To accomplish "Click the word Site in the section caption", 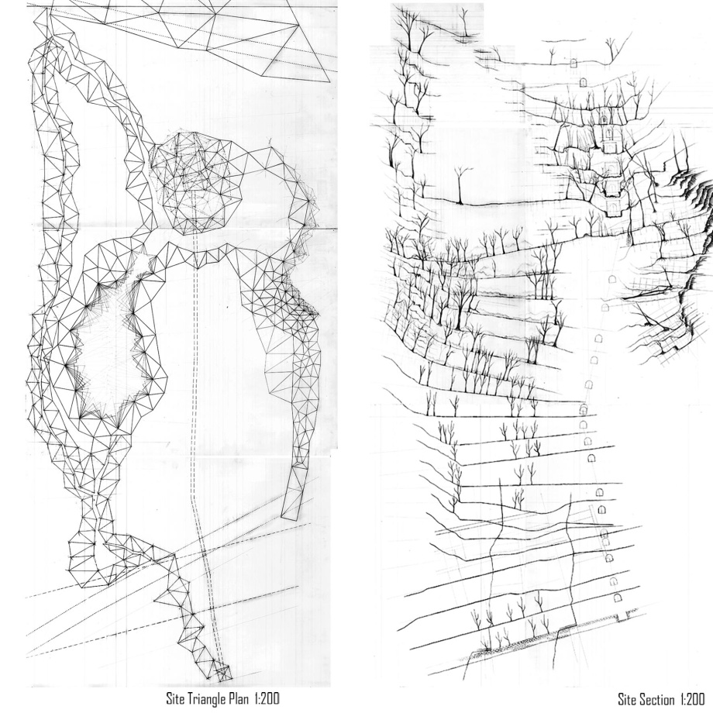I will (629, 697).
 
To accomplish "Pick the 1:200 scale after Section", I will (695, 697).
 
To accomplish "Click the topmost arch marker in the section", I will (574, 63).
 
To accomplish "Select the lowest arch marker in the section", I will (618, 598).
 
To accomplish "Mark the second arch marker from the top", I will (582, 82).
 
